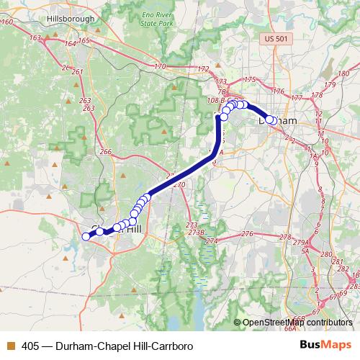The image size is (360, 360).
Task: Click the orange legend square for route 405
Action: (x=10, y=346)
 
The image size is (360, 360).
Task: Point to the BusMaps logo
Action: (x=326, y=346)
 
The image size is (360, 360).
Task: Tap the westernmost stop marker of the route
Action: (x=86, y=236)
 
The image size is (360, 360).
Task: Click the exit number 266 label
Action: (x=107, y=152)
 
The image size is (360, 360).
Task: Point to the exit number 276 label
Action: (x=247, y=234)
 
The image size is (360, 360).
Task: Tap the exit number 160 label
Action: (x=8, y=22)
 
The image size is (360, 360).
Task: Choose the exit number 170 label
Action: (x=160, y=68)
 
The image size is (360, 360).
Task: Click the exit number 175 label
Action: (x=250, y=79)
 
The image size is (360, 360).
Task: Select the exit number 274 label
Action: (x=211, y=240)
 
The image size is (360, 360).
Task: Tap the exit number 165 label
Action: (x=84, y=41)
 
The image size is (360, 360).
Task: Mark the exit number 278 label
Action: (x=286, y=237)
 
